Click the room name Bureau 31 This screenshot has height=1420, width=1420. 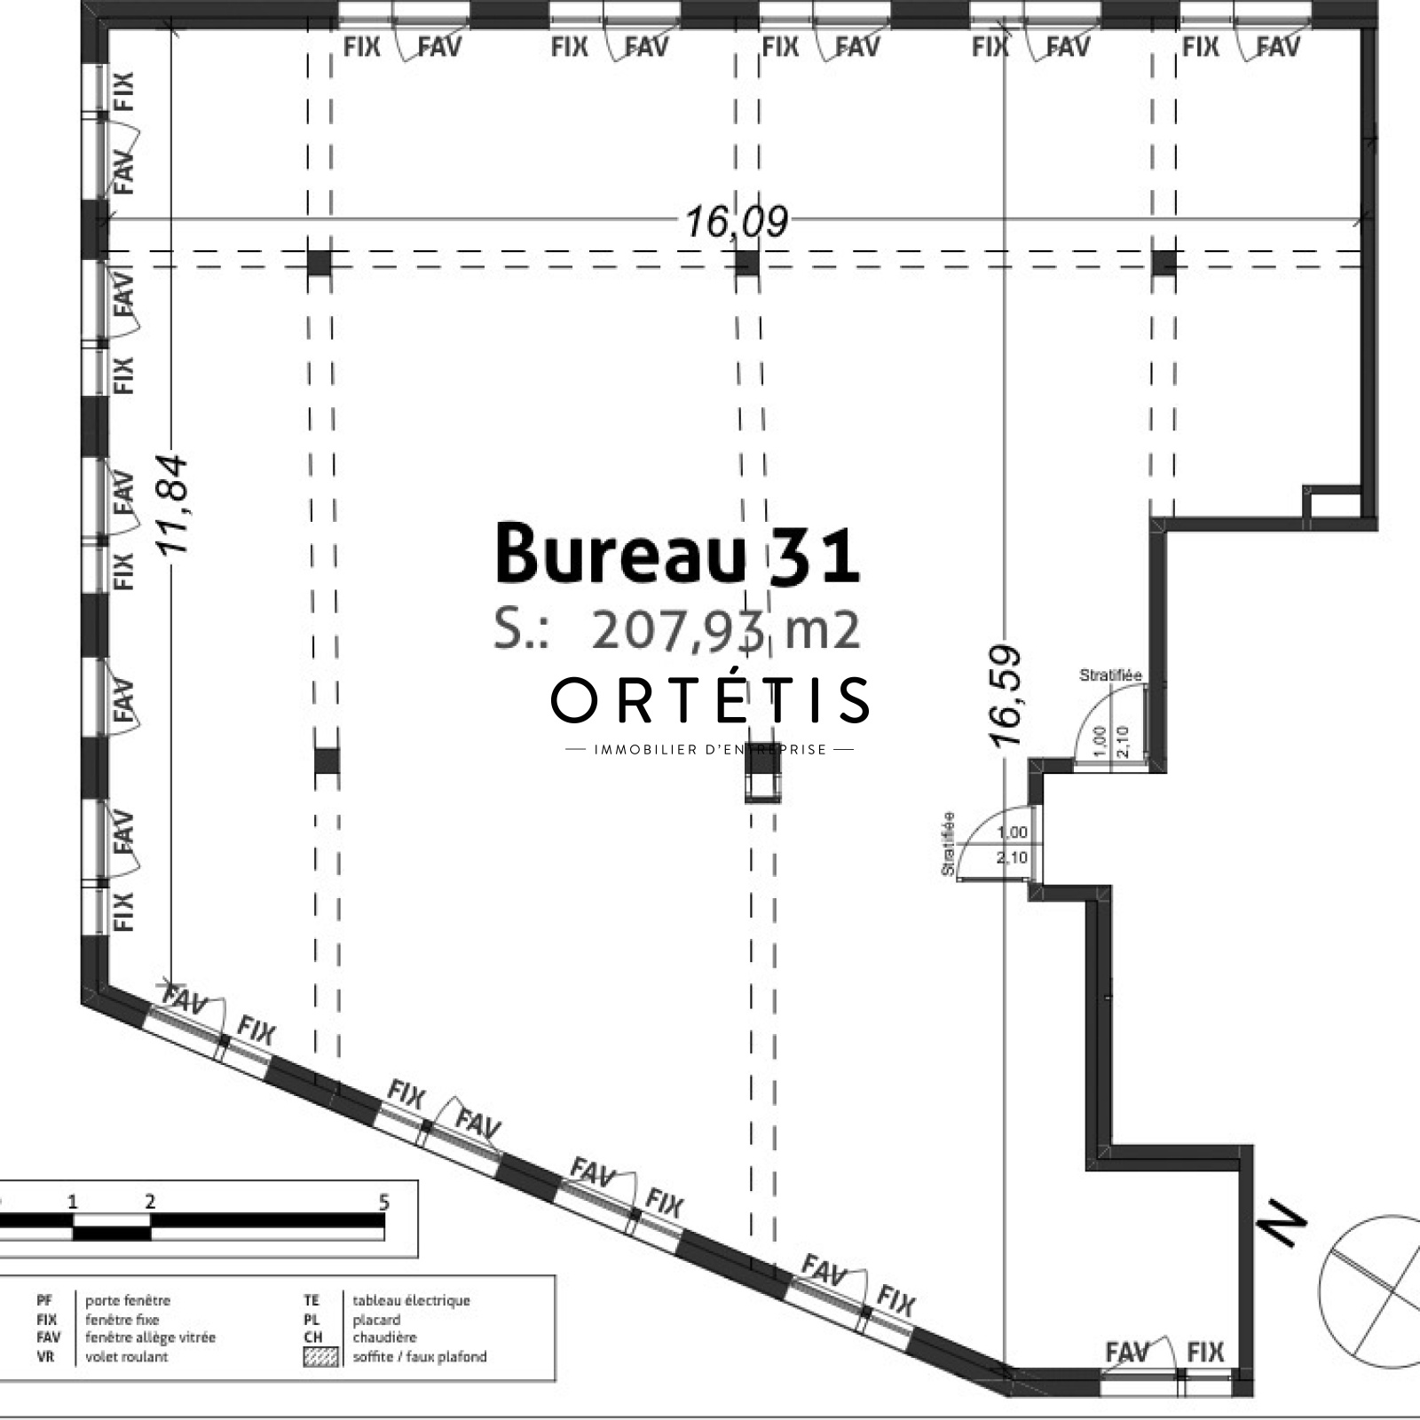click(677, 553)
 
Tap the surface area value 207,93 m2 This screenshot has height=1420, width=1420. click(725, 630)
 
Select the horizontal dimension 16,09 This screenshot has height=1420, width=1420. click(736, 220)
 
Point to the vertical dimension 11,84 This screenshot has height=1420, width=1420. click(172, 504)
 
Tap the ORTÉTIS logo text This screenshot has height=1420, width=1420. click(710, 698)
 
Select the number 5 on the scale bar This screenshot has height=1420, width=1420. click(384, 1203)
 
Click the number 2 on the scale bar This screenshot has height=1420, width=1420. click(150, 1203)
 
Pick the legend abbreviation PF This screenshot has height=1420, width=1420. click(45, 1301)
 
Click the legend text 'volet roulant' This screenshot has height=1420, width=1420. click(127, 1356)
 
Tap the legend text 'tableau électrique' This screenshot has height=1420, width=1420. click(412, 1301)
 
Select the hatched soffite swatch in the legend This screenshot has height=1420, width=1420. click(320, 1357)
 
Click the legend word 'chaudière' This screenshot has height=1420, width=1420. click(384, 1337)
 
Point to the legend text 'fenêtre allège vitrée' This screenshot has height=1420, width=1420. click(150, 1337)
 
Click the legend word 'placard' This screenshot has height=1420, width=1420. click(376, 1320)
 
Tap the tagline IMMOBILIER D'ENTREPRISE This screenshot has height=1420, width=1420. click(710, 750)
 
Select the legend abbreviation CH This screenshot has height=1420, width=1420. click(312, 1337)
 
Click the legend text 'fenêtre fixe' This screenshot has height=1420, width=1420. click(122, 1320)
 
